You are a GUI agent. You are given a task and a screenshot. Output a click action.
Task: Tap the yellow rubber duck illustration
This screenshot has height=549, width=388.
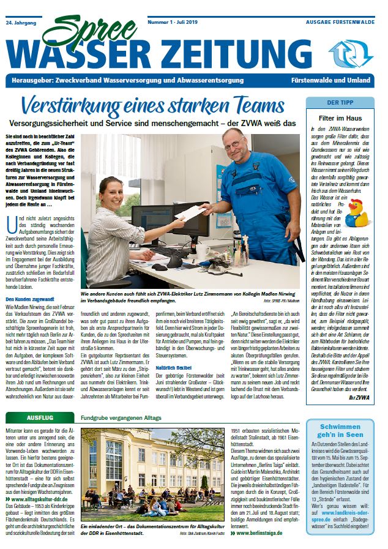tap(359, 212)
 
